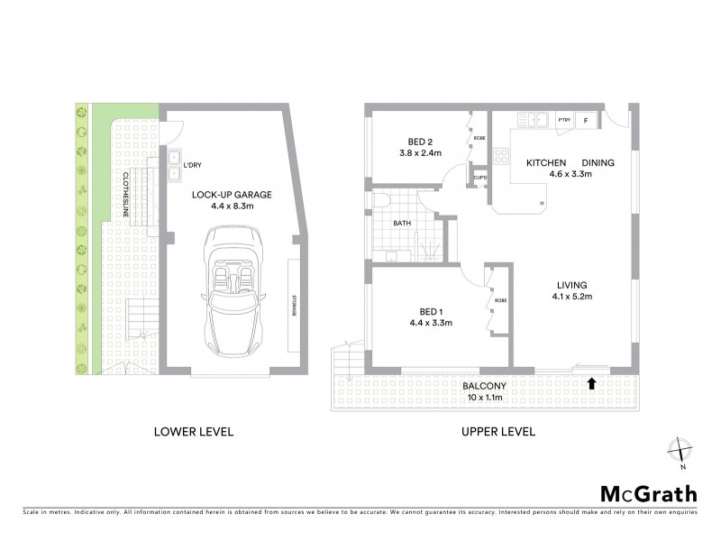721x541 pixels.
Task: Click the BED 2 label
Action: point(418,140)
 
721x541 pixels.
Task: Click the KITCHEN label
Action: point(546,162)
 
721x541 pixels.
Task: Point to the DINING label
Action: point(598,162)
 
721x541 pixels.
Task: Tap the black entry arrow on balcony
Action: point(591,384)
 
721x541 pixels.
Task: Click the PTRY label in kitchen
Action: point(565,120)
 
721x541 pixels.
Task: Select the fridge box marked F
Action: point(587,120)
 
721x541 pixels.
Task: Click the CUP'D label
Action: point(479,178)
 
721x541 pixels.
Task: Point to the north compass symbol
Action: point(681,450)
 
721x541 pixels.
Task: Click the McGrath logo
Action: point(648,493)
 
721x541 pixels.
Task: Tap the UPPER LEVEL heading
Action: point(497,431)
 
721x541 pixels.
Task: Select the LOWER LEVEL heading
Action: point(195,431)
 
